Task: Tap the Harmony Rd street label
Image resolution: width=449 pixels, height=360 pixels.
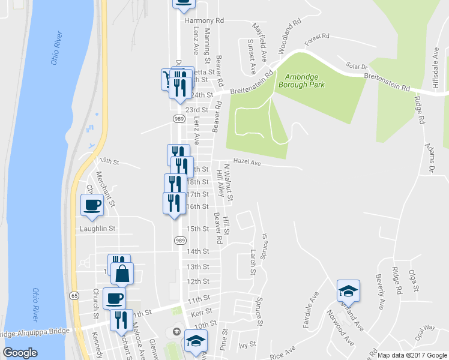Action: click(204, 20)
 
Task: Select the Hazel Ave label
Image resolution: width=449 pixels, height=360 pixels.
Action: click(247, 162)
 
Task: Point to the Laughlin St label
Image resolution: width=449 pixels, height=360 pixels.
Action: click(97, 229)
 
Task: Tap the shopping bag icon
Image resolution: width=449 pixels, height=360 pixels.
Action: click(122, 274)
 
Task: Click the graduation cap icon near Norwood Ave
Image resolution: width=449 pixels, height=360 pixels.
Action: click(348, 291)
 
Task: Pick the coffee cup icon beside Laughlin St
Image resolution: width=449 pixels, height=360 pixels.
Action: click(92, 205)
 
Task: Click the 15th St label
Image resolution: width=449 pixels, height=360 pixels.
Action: click(197, 229)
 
